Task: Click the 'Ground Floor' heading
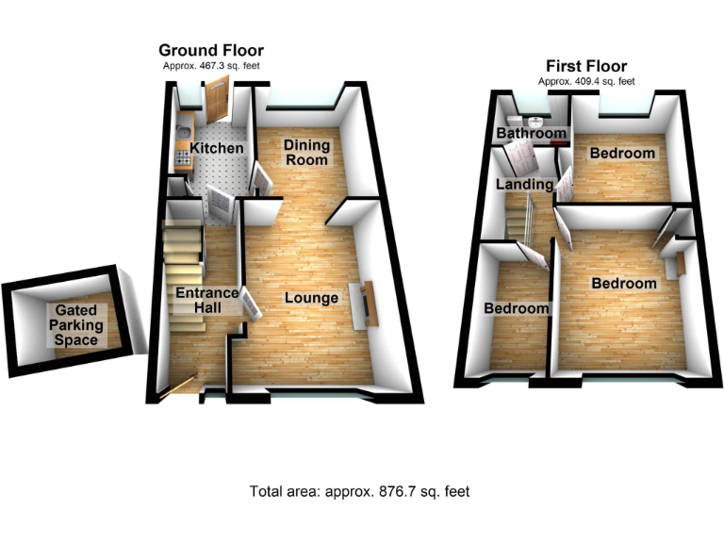tap(210, 50)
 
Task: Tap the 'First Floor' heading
tap(586, 66)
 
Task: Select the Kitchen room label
tap(217, 149)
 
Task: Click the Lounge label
tap(311, 298)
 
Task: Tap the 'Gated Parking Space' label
tap(79, 325)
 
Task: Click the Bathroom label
tap(533, 135)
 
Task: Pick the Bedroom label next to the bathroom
tap(622, 153)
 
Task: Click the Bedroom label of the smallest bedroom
tap(516, 309)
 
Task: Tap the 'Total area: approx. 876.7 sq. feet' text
tap(359, 491)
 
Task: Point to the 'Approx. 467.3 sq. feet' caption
tap(210, 66)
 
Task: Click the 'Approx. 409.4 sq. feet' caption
tap(586, 82)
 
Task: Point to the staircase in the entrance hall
tap(182, 246)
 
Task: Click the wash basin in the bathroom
tap(535, 121)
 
